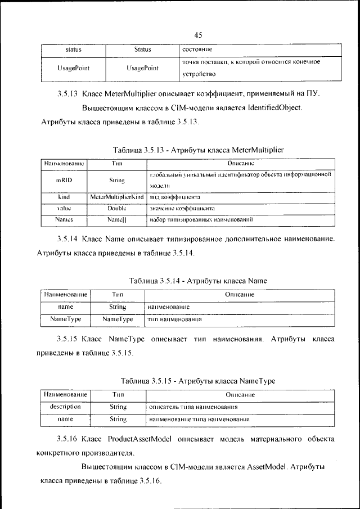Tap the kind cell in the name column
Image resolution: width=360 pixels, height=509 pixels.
[63, 197]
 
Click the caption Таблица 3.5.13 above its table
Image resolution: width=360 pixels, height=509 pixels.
[199, 150]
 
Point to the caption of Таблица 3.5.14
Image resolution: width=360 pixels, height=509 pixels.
[197, 280]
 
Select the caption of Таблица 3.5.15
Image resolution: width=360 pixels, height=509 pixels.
[197, 381]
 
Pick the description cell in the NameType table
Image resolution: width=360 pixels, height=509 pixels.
[65, 406]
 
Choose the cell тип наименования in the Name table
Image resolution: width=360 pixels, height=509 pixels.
[175, 319]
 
